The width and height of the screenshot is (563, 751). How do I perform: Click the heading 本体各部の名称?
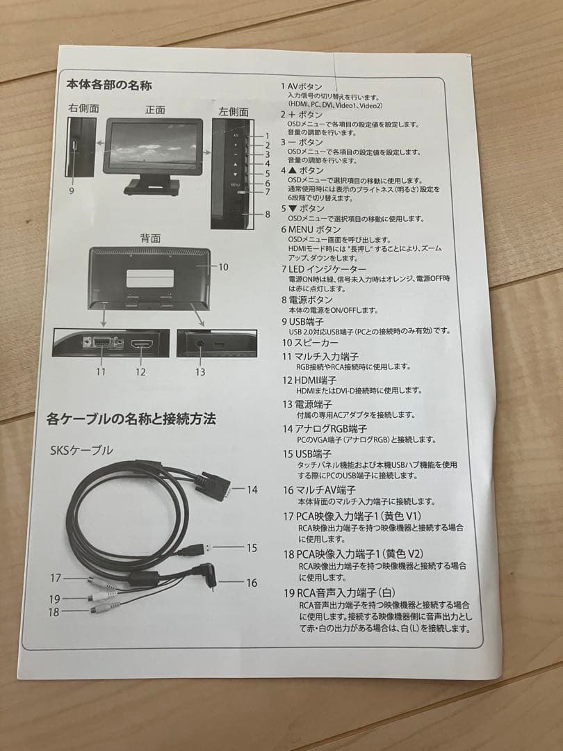[x=109, y=86]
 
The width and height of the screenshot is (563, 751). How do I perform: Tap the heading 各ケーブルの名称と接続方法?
[x=131, y=419]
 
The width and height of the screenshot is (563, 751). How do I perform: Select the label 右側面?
[x=83, y=108]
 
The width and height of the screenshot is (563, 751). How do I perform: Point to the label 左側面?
[x=234, y=111]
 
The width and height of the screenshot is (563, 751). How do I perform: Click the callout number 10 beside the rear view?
[x=223, y=266]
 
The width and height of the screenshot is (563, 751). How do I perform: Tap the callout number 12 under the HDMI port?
[x=141, y=371]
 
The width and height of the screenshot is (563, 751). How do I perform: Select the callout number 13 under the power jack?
[x=200, y=372]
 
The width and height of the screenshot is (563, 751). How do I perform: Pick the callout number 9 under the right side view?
[x=72, y=191]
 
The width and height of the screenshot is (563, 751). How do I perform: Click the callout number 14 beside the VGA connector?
[x=252, y=490]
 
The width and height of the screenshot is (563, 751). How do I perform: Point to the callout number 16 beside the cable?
[x=252, y=583]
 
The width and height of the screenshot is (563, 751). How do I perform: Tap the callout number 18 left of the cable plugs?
[x=54, y=612]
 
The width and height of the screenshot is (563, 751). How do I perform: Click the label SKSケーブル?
[x=81, y=451]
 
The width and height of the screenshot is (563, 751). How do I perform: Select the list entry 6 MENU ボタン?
[x=311, y=229]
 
